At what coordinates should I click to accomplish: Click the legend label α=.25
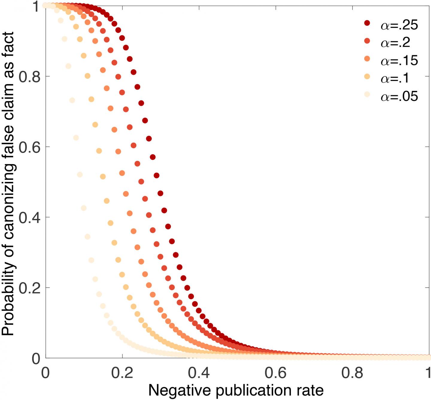399,25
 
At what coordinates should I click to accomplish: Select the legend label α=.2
395,43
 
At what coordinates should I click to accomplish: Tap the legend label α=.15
399,61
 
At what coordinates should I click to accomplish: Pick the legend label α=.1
395,78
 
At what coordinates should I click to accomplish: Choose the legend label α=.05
399,97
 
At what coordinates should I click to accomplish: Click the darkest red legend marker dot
367,23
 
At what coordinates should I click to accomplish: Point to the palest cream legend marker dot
367,95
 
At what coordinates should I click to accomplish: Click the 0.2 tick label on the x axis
122,373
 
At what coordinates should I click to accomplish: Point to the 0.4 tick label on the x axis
199,373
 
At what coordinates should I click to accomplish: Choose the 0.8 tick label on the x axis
353,373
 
